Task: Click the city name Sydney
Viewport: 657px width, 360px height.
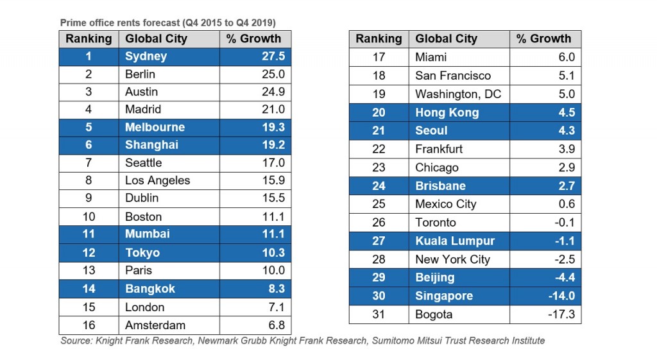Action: coord(146,56)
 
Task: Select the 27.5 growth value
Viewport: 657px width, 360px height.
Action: coord(273,56)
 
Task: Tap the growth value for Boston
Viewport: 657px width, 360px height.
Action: coord(273,217)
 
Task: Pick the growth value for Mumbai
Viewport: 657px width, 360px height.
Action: coord(273,234)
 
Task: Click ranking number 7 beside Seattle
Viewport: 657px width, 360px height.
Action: coord(89,163)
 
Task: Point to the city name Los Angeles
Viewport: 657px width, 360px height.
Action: coord(157,180)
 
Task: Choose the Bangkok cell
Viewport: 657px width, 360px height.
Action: coord(150,289)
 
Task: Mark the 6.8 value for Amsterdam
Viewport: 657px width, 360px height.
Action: coord(275,325)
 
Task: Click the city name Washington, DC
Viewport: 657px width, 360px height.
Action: coord(458,94)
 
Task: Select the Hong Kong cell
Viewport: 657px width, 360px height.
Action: coord(447,112)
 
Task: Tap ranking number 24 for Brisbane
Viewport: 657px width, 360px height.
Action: coord(379,186)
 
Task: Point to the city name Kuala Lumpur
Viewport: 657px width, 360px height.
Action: coord(455,241)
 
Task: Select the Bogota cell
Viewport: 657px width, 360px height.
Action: coord(434,314)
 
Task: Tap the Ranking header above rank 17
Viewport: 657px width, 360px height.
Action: coord(379,39)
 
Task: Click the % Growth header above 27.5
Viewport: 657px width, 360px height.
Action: coord(254,39)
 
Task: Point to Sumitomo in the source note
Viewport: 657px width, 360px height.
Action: coord(396,341)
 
